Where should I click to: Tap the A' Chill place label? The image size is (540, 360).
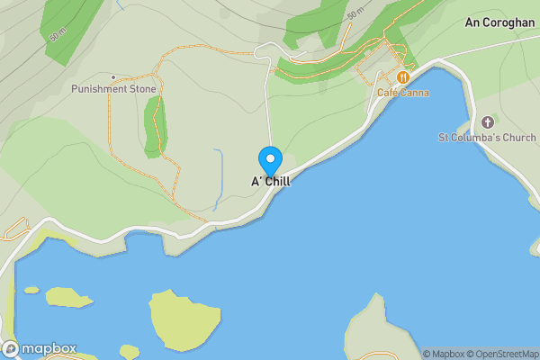click(x=271, y=182)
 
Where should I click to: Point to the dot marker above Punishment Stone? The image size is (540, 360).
click(x=112, y=77)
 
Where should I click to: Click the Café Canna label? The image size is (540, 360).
click(x=401, y=93)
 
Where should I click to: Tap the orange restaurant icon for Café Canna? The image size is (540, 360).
click(x=402, y=78)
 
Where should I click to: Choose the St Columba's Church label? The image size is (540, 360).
click(x=487, y=138)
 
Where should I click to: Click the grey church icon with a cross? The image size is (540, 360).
click(x=488, y=121)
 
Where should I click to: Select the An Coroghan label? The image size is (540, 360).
click(x=500, y=22)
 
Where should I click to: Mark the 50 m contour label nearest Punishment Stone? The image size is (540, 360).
click(x=58, y=35)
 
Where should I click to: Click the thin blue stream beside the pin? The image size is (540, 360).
click(x=219, y=175)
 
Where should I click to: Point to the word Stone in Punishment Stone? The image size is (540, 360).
click(x=143, y=89)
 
